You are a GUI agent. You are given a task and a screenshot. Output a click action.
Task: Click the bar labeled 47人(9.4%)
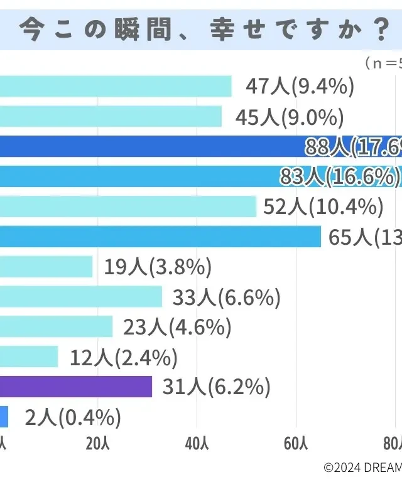[116, 87]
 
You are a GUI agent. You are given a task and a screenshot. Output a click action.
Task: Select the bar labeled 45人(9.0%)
[111, 117]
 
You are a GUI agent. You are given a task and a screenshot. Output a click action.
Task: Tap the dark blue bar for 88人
[151, 147]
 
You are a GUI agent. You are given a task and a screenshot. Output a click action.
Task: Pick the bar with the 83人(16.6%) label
[138, 177]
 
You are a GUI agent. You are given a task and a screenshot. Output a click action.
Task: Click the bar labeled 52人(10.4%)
[128, 206]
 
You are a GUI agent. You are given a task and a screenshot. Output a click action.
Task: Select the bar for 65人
[160, 237]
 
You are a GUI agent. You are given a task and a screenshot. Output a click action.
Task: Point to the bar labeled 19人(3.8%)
[46, 267]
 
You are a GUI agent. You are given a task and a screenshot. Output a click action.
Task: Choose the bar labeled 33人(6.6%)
[81, 297]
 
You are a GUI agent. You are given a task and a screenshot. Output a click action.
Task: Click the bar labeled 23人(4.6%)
[57, 327]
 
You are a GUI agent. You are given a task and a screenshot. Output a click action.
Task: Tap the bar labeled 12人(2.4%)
[29, 356]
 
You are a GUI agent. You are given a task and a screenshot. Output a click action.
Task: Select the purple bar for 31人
[76, 387]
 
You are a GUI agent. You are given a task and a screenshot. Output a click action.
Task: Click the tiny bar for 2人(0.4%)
[4, 416]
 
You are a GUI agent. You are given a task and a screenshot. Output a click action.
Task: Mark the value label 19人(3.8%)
[156, 267]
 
